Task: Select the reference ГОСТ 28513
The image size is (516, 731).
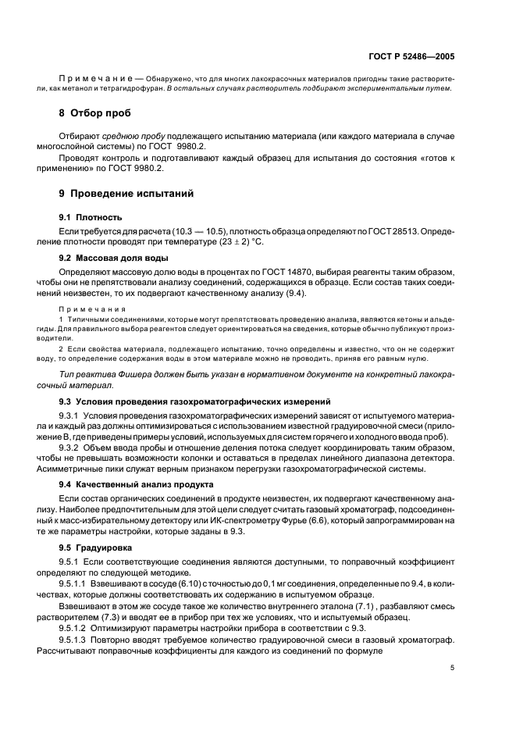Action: (396, 231)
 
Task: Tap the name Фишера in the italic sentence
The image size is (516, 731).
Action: (124, 375)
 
